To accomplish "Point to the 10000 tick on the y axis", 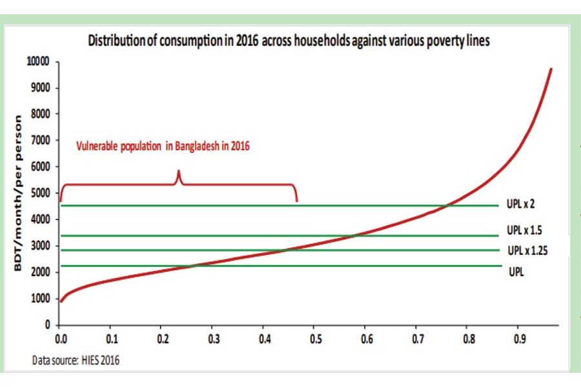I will (38, 62).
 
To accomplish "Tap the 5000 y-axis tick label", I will (41, 193).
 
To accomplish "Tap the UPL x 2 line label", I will (521, 204).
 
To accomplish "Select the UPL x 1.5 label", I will (524, 230).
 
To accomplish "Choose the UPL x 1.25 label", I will (527, 251).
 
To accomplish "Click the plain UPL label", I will (515, 272).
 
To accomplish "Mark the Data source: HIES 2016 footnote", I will (76, 361).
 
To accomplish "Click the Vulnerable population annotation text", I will (162, 146).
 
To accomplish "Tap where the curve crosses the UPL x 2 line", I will (492, 206).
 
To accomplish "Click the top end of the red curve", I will (550, 68).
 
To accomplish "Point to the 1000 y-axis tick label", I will (41, 299).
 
